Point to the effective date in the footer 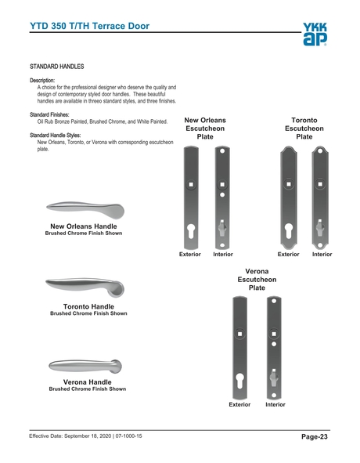86,435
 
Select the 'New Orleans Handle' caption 84,226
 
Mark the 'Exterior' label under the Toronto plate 289,255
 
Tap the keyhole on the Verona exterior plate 239,383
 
